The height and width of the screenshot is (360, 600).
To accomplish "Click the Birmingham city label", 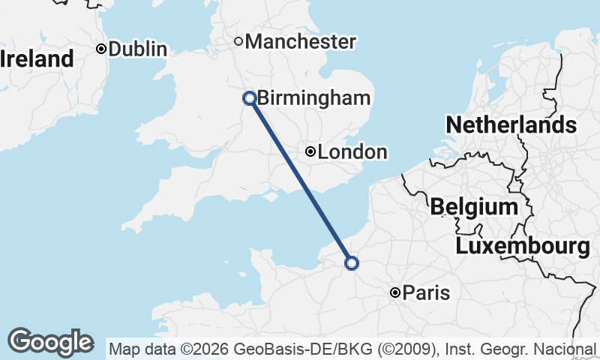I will coord(313,98).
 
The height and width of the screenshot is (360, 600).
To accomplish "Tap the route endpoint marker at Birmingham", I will coord(250,97).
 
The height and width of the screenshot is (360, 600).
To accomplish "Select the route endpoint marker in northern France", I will coord(351,262).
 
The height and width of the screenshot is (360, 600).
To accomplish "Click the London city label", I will coord(352,152).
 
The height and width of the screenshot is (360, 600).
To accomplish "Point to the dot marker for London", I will coord(310,151).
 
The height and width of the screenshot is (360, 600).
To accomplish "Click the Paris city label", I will coord(426,293).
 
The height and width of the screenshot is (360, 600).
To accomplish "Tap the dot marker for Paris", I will coord(395,292).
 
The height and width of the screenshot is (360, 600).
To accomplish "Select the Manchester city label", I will coord(300,42).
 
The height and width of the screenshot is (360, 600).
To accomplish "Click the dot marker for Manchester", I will coord(238,41).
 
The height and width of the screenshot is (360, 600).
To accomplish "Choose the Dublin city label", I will coord(137,49).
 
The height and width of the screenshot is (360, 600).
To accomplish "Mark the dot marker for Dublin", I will coord(101,49).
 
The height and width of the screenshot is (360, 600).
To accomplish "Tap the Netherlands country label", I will coord(511,124).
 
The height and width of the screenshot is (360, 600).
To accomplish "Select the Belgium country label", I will coord(474,207).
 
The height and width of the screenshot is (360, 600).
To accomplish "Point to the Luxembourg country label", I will coord(523,246).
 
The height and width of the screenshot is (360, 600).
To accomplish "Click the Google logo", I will coord(50,342).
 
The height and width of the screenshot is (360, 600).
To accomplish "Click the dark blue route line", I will coord(300,180).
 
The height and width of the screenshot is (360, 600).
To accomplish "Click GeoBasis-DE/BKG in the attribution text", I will coord(284,349).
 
